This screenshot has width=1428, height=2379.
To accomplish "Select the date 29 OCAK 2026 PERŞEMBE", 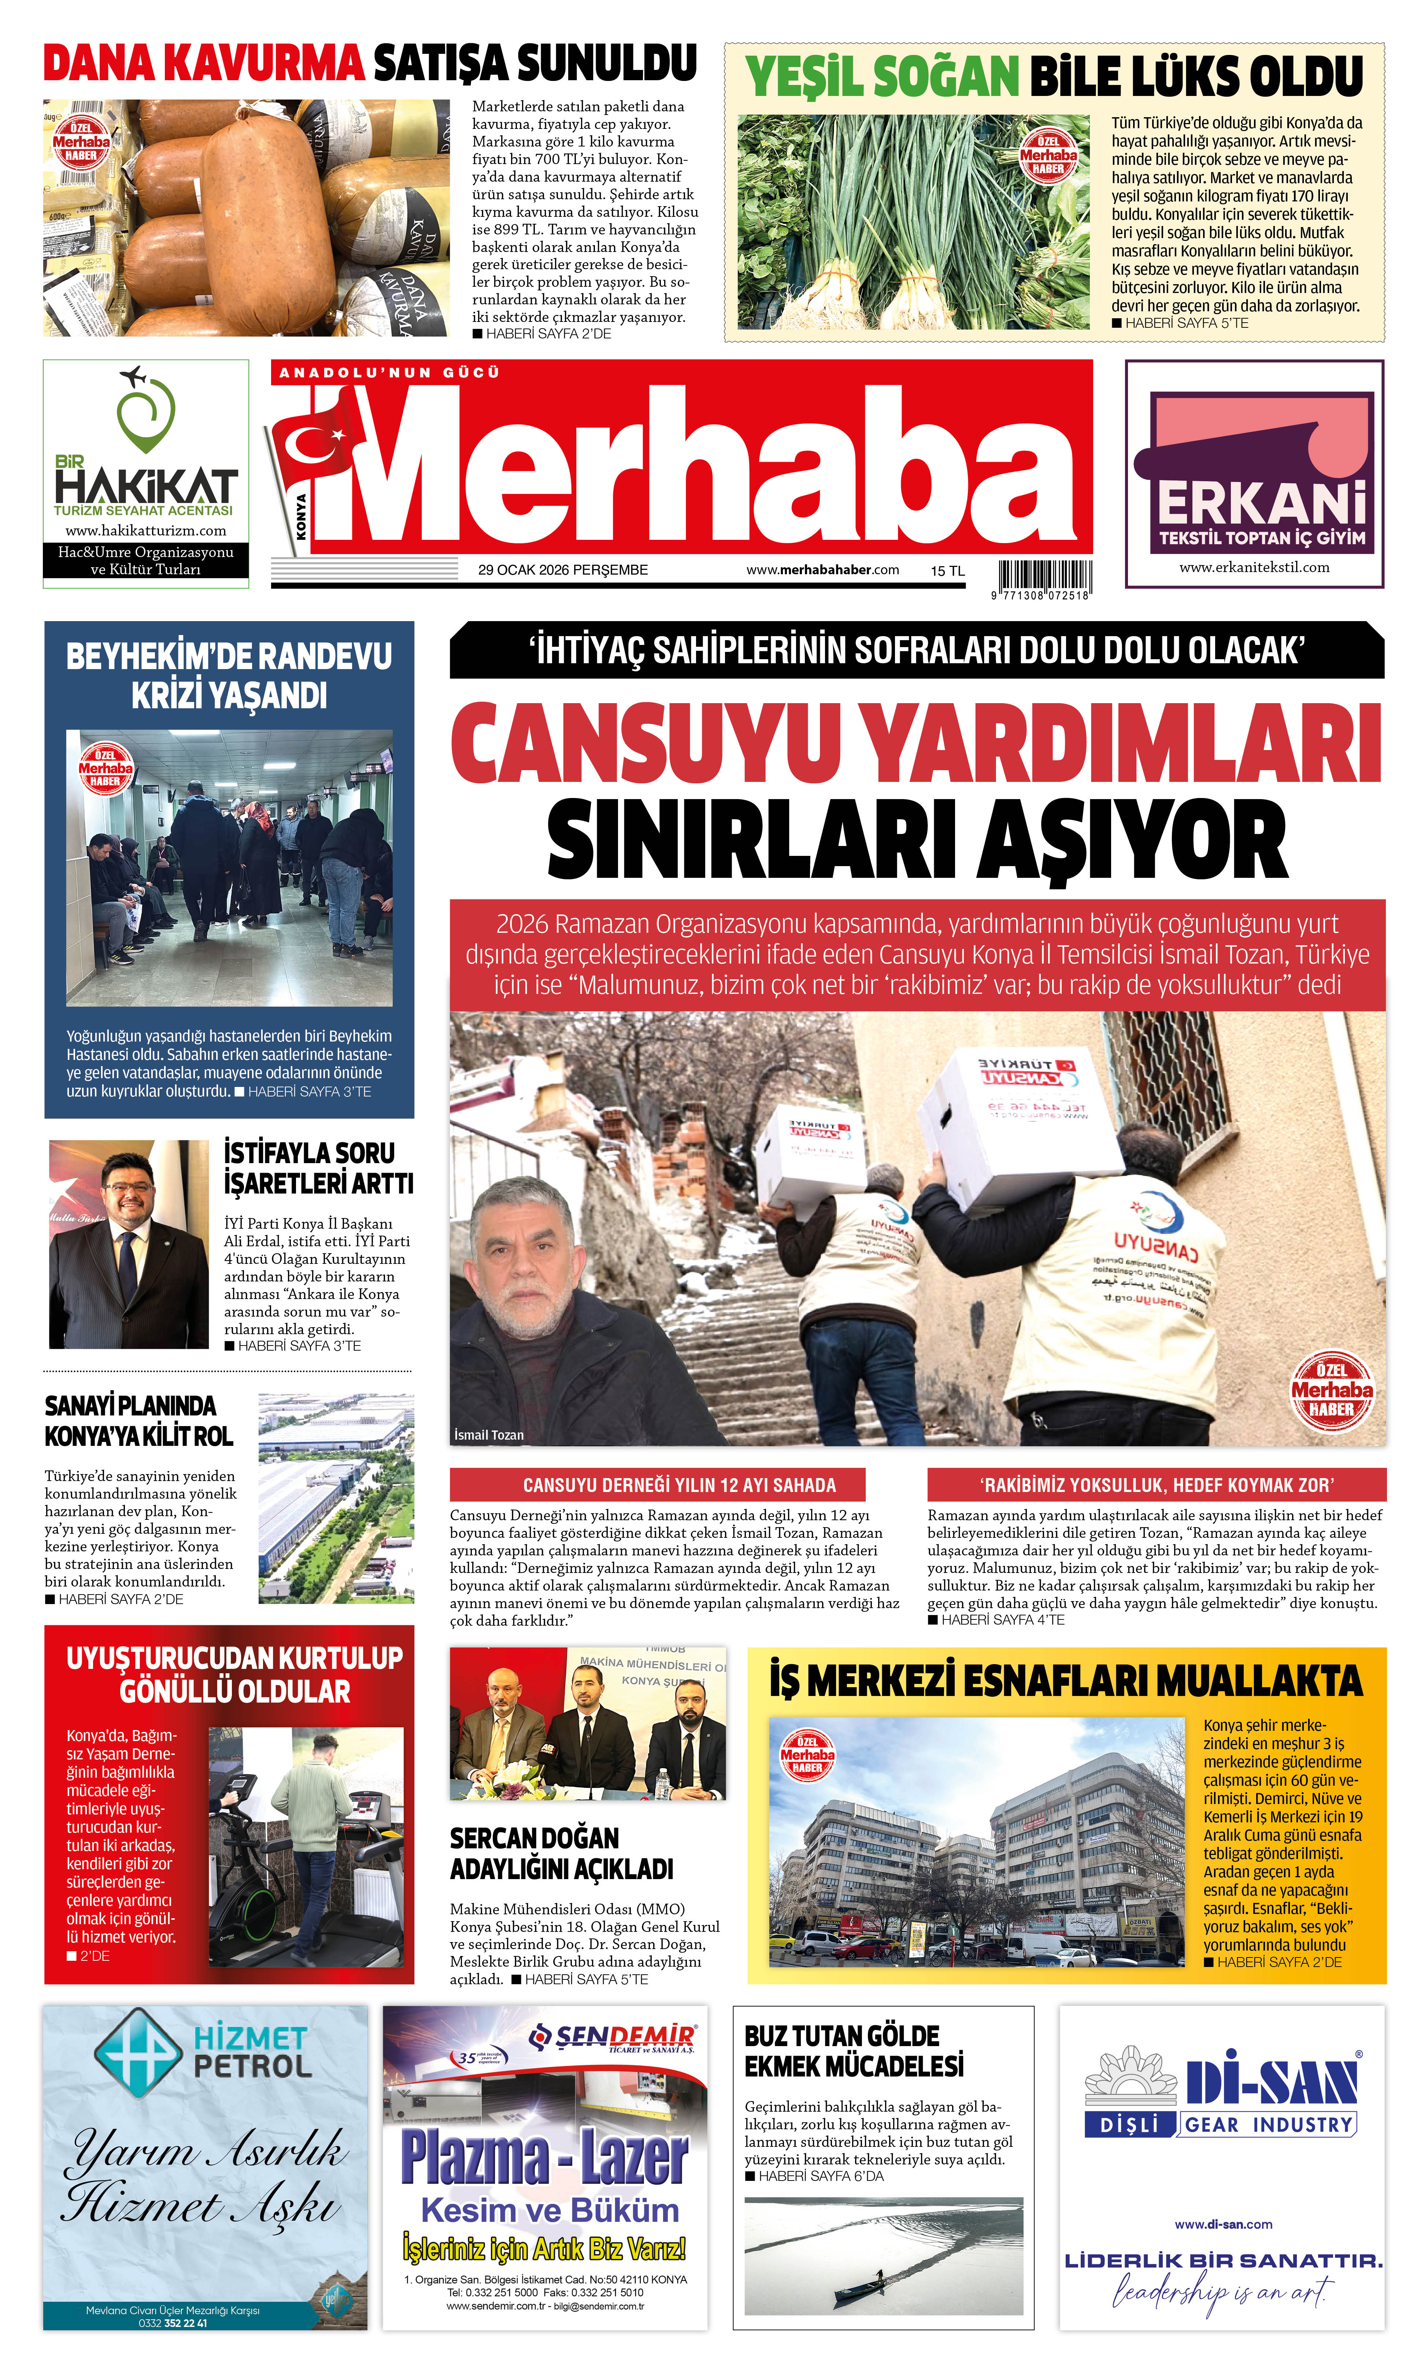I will [x=563, y=569].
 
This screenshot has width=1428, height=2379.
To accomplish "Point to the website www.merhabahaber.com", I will [x=823, y=569].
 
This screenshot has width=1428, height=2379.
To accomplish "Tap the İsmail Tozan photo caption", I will [x=489, y=1435].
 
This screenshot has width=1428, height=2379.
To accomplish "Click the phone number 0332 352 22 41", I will [x=173, y=2322].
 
